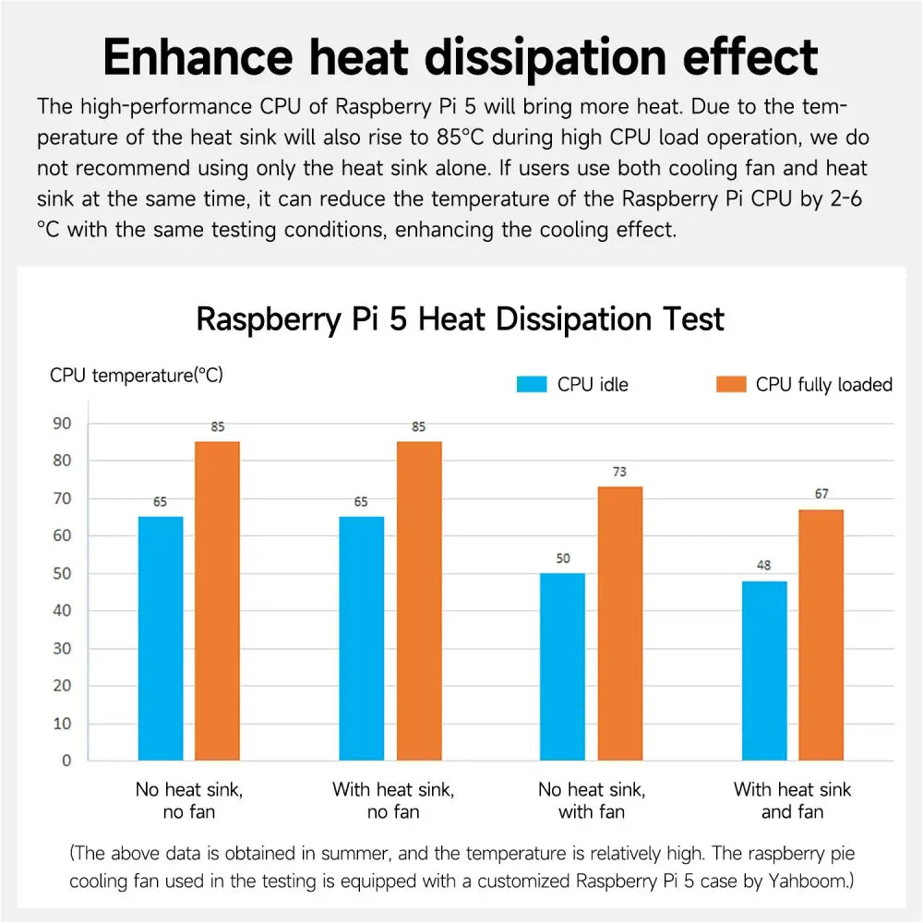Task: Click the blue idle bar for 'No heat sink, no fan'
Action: (x=161, y=639)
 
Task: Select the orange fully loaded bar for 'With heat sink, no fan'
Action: (x=419, y=601)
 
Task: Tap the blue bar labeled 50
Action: (x=562, y=666)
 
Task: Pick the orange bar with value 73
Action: (x=620, y=624)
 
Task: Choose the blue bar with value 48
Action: (x=765, y=670)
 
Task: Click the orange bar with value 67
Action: (x=821, y=635)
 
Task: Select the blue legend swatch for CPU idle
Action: (x=533, y=385)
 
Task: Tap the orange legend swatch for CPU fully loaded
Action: (x=730, y=385)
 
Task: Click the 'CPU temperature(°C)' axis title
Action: (x=136, y=376)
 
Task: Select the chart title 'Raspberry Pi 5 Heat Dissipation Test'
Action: (x=461, y=319)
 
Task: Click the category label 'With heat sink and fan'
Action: (x=792, y=800)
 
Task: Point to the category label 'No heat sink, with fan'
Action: (x=592, y=800)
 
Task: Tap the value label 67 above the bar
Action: (x=821, y=494)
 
